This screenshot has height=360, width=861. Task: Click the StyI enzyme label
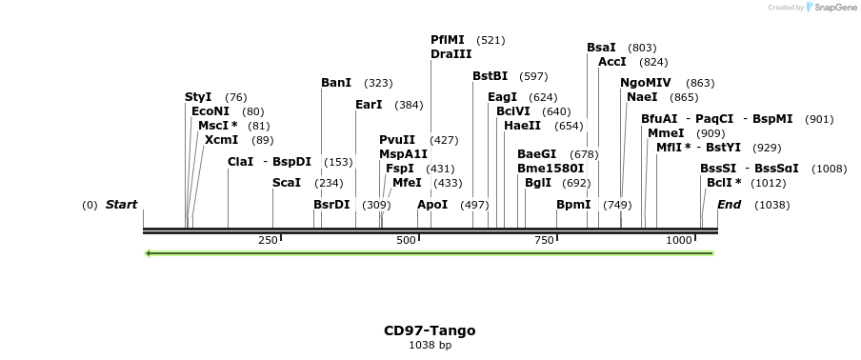click(198, 97)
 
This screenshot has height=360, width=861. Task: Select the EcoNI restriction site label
click(210, 111)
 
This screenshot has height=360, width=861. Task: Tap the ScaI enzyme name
click(287, 183)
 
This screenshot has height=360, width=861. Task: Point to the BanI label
click(336, 83)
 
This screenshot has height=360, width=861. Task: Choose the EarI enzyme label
click(369, 105)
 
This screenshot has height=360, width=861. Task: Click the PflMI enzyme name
click(448, 40)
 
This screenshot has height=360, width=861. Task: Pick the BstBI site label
click(491, 76)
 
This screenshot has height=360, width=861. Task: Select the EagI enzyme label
click(502, 97)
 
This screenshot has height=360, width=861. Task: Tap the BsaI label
click(601, 48)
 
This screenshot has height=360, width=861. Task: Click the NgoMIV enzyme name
click(646, 83)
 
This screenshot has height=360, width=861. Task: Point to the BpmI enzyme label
click(573, 205)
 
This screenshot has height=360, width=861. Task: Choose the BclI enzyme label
click(720, 183)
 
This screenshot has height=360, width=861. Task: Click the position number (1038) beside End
click(771, 205)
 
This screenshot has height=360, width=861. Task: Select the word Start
click(121, 205)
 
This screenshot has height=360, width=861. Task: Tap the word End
click(730, 205)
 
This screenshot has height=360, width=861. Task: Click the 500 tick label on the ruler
click(407, 240)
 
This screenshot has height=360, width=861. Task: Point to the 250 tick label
click(268, 240)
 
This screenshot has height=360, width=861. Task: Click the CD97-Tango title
click(430, 331)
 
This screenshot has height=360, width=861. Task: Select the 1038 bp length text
click(430, 346)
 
